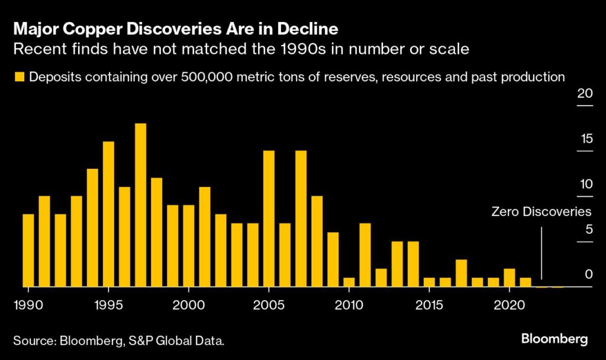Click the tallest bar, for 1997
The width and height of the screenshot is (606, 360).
(x=140, y=205)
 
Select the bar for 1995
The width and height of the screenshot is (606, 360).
(x=108, y=214)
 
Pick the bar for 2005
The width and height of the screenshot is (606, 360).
(x=269, y=218)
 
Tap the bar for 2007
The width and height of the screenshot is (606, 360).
(x=301, y=218)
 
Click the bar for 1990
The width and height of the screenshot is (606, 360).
(x=28, y=250)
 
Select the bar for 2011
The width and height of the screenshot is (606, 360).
(x=365, y=255)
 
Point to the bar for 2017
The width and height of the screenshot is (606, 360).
(x=461, y=273)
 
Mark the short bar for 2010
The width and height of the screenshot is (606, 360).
(x=349, y=282)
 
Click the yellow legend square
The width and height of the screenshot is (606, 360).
(x=20, y=76)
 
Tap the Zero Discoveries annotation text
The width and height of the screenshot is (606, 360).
(x=541, y=211)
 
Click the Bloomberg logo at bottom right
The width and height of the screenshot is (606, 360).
(x=555, y=339)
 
